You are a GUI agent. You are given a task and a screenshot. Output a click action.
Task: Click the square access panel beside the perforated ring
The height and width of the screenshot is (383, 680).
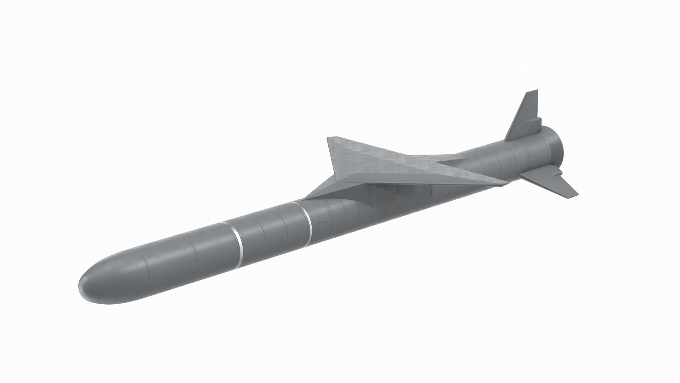tap(322, 227)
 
